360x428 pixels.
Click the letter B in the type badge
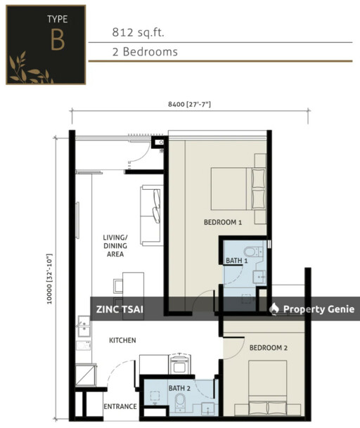(x=57, y=40)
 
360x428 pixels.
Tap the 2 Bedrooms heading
(x=144, y=51)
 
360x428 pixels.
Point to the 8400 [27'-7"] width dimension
(x=189, y=105)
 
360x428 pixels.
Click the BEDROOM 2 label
(x=268, y=347)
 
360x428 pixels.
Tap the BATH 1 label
(x=236, y=261)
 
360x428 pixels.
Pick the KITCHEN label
(x=122, y=340)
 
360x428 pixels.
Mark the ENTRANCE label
(x=120, y=406)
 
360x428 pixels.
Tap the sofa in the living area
(x=151, y=214)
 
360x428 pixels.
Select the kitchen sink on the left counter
(x=84, y=328)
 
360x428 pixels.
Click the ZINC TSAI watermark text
(x=116, y=309)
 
